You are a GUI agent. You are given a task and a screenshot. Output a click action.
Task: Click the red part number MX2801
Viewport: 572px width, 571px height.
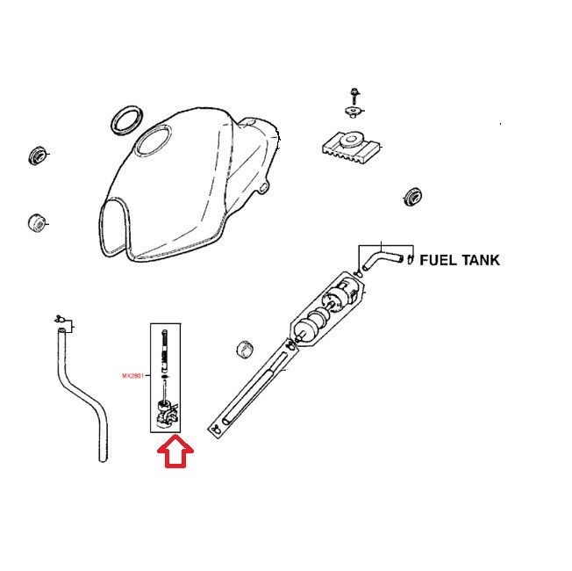[x=133, y=376]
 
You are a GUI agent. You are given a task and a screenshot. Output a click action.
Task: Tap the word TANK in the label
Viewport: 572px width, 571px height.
[x=482, y=261]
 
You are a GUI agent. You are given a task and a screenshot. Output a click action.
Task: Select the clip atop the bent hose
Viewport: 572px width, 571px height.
[x=61, y=318]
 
